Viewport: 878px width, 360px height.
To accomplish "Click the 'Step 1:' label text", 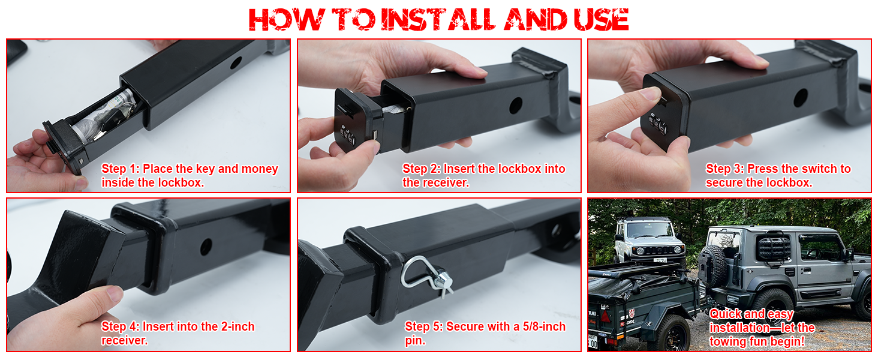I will coord(121,169).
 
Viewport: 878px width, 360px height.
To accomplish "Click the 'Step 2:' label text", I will coord(422,169).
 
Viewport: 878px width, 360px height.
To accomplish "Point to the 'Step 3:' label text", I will coord(725,169).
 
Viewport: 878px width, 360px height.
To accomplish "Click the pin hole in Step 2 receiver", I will coord(516,106).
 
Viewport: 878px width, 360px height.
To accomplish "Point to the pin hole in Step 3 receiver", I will coord(801,97).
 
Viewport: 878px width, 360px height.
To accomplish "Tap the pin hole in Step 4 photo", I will coord(206,245).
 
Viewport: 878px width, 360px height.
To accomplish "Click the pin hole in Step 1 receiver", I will coord(235,62).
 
